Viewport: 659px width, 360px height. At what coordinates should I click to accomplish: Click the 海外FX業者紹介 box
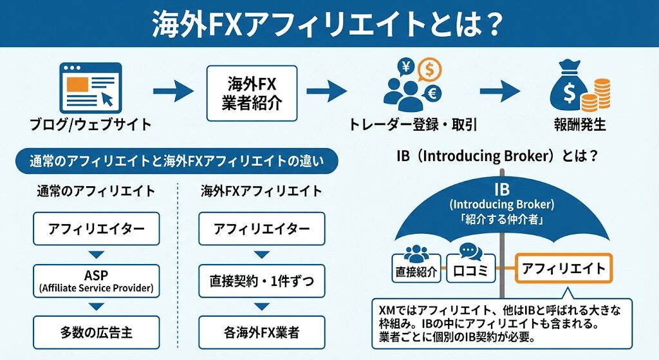(252, 93)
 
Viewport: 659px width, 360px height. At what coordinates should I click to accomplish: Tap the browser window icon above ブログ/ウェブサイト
(90, 87)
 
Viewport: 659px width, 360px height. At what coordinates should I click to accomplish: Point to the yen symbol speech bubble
(407, 66)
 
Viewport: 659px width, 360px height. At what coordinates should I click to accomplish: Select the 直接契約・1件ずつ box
(261, 281)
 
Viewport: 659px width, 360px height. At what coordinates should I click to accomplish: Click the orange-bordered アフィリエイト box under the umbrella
(563, 268)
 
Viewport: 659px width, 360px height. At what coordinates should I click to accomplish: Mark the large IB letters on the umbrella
(501, 190)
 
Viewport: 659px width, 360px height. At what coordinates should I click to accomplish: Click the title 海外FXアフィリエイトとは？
(328, 23)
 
